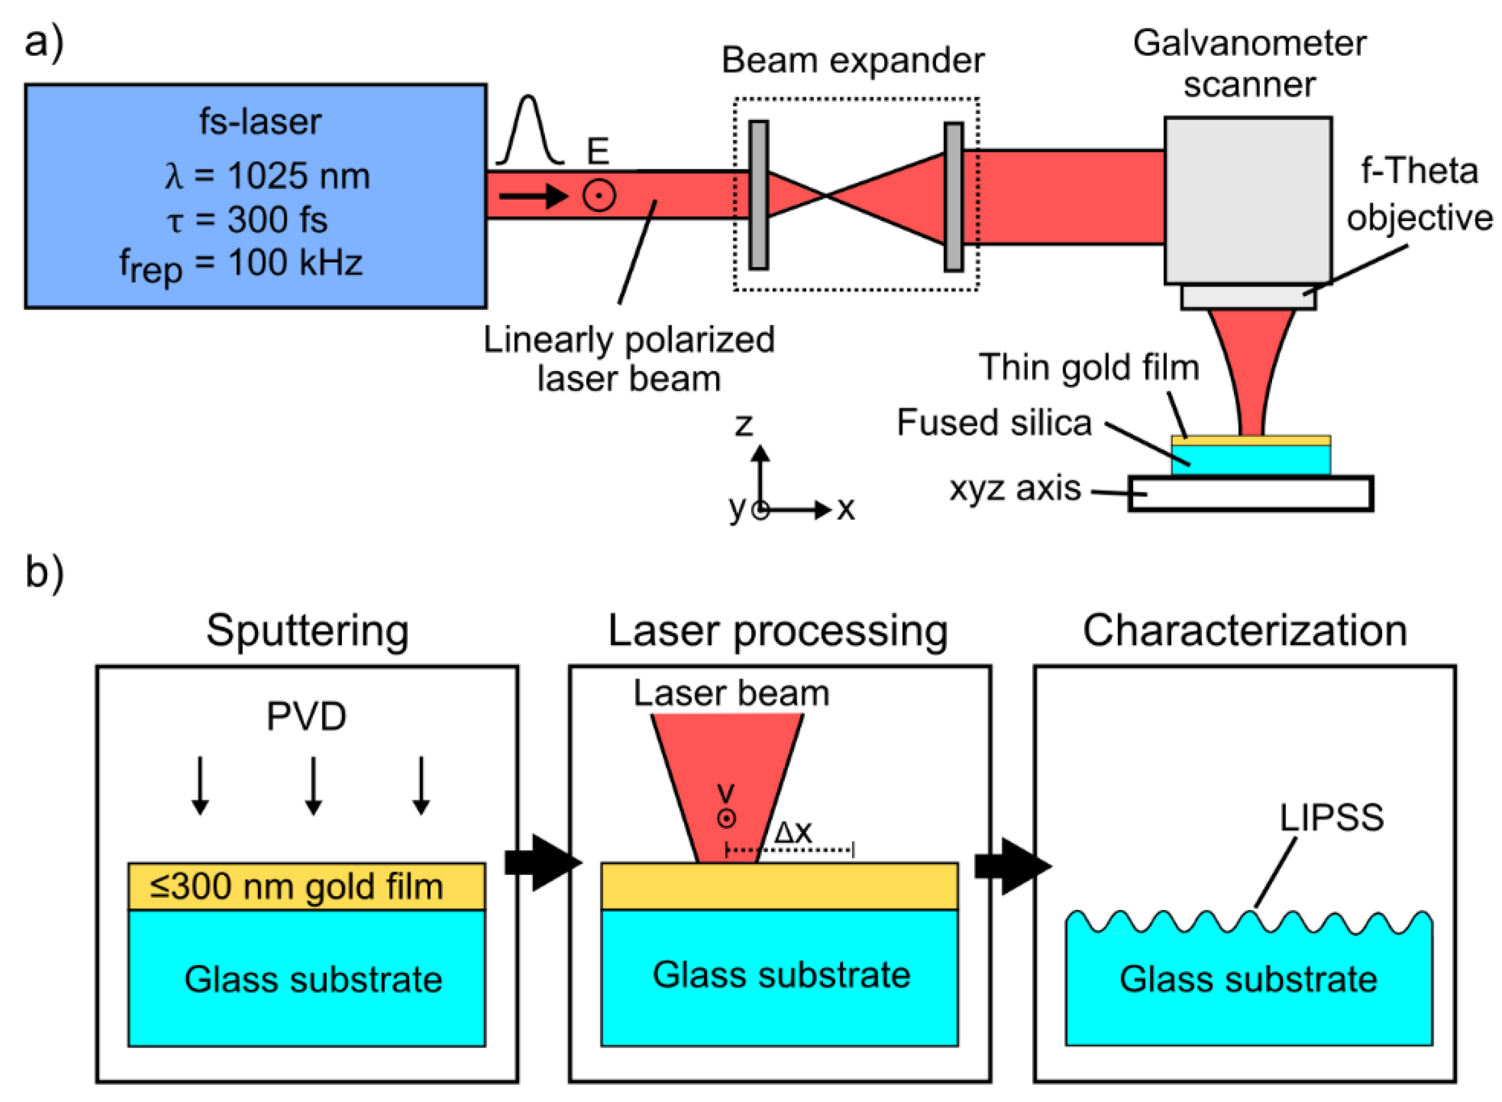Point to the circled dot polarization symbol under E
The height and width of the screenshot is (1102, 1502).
(598, 196)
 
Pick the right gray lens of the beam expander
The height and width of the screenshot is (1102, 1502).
(953, 196)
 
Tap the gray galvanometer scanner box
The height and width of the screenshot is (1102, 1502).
(1247, 200)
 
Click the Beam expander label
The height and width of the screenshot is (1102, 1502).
(852, 61)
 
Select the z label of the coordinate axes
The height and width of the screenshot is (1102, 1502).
(743, 425)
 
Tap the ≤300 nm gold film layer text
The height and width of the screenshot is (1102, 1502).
(296, 887)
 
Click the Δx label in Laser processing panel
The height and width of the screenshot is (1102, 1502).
(792, 831)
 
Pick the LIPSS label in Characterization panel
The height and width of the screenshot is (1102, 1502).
(1330, 817)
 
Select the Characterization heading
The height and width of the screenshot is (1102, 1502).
(1245, 630)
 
